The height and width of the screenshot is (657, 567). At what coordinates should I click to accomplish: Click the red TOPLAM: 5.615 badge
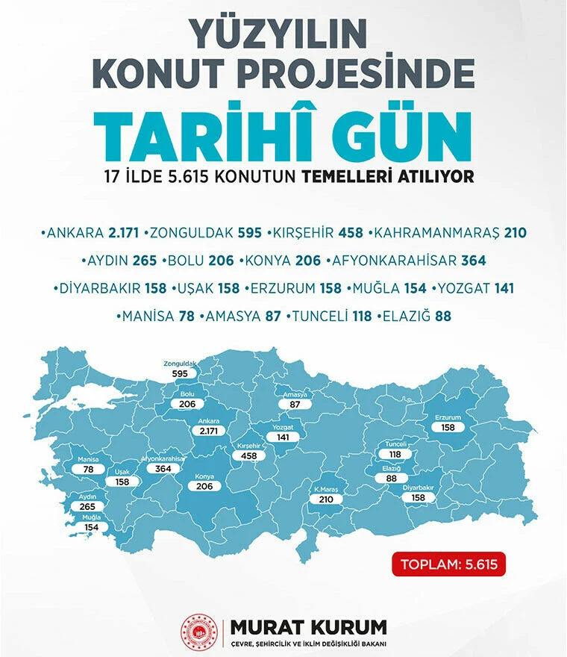click(x=449, y=564)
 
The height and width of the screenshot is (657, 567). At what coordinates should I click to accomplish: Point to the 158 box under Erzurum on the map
click(x=449, y=428)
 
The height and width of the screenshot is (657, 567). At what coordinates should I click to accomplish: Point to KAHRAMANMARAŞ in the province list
click(x=436, y=233)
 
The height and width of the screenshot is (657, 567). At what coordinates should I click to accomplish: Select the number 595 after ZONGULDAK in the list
click(x=249, y=233)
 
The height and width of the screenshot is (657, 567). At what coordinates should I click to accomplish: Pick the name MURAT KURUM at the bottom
click(x=308, y=625)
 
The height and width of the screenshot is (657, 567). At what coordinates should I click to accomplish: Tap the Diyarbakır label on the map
click(x=419, y=487)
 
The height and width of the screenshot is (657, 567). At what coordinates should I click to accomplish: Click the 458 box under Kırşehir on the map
click(x=248, y=455)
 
